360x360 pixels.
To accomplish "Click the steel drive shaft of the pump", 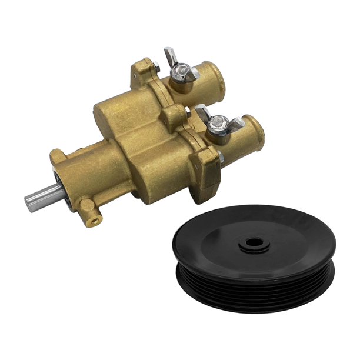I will (41, 196).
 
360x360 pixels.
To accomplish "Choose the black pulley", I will (253, 259).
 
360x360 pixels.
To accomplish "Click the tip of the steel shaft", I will (28, 201).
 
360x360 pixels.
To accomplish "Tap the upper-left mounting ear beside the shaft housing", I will (56, 157).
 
